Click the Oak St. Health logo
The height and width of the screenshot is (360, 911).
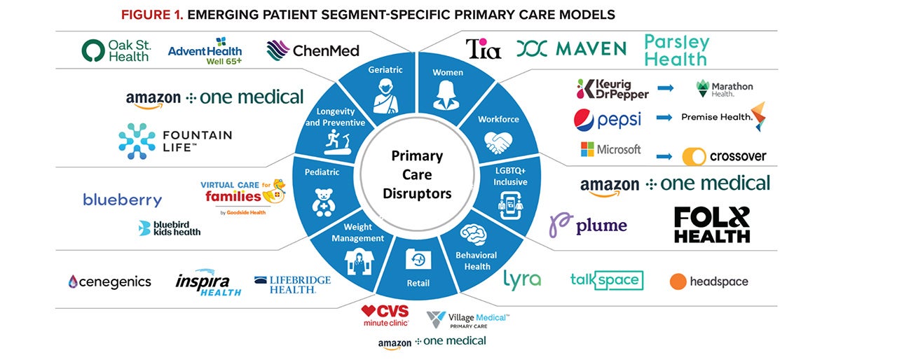115,50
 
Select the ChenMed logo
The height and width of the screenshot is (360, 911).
313,50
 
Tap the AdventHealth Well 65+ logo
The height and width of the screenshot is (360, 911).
205,50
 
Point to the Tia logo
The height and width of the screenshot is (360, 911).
484,48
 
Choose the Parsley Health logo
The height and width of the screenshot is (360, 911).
676,50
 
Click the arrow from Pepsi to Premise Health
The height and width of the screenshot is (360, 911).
664,118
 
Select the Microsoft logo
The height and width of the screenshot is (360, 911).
610,149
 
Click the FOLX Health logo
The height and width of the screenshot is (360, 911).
712,225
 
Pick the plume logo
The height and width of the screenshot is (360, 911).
589,225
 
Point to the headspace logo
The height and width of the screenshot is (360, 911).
708,282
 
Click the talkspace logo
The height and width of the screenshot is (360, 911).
606,280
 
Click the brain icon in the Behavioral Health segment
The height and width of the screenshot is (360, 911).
469,234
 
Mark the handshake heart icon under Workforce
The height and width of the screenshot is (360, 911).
499,144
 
